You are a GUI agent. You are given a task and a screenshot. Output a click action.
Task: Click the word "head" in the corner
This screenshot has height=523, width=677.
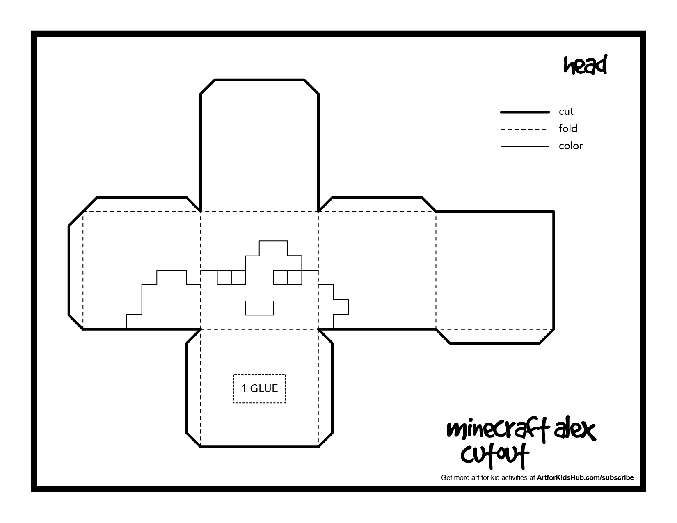[585, 65]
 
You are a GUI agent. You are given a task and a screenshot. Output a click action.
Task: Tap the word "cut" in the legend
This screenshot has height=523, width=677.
[566, 112]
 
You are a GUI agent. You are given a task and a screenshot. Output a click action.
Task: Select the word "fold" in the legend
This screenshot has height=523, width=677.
[567, 128]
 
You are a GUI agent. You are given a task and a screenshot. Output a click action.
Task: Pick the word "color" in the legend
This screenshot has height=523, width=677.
[570, 146]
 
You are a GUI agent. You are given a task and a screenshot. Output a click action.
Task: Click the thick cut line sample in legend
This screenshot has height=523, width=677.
[525, 112]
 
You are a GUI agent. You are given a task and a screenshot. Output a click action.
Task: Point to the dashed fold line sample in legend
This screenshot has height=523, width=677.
[524, 129]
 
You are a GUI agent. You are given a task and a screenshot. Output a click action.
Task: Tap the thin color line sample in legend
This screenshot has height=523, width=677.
[525, 146]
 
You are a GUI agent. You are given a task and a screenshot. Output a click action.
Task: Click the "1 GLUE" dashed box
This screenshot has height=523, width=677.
[260, 375]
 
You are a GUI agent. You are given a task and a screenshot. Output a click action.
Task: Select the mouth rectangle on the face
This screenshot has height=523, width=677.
[260, 301]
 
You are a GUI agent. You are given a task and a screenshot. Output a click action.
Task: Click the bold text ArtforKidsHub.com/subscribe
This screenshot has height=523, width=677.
[586, 477]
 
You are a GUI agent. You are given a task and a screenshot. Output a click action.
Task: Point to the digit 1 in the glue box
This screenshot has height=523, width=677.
[244, 388]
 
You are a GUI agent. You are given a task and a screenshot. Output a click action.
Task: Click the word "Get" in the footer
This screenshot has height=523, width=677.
[446, 477]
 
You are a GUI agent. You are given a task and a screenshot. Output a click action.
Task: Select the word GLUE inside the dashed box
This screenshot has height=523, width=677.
[264, 388]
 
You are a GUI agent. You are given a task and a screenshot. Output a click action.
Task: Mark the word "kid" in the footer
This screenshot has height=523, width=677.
[495, 477]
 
